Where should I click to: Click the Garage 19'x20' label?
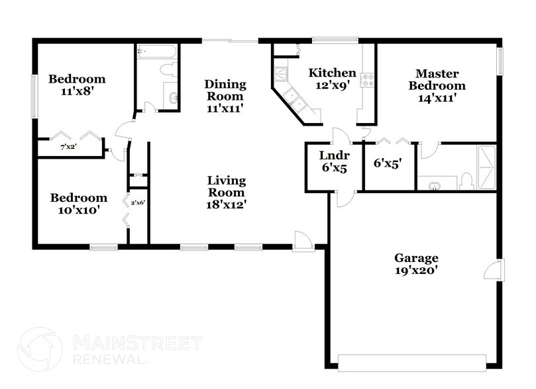(416, 264)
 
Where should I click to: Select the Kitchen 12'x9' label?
(333, 78)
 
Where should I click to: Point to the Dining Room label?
(225, 96)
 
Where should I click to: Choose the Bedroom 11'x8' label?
(77, 85)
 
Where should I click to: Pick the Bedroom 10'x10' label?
(79, 204)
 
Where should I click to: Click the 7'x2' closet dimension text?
(68, 147)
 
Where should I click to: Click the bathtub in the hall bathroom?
(156, 52)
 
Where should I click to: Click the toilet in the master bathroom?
(466, 179)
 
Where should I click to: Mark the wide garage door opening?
(411, 361)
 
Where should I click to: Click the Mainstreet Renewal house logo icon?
(40, 349)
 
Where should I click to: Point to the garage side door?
(494, 270)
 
